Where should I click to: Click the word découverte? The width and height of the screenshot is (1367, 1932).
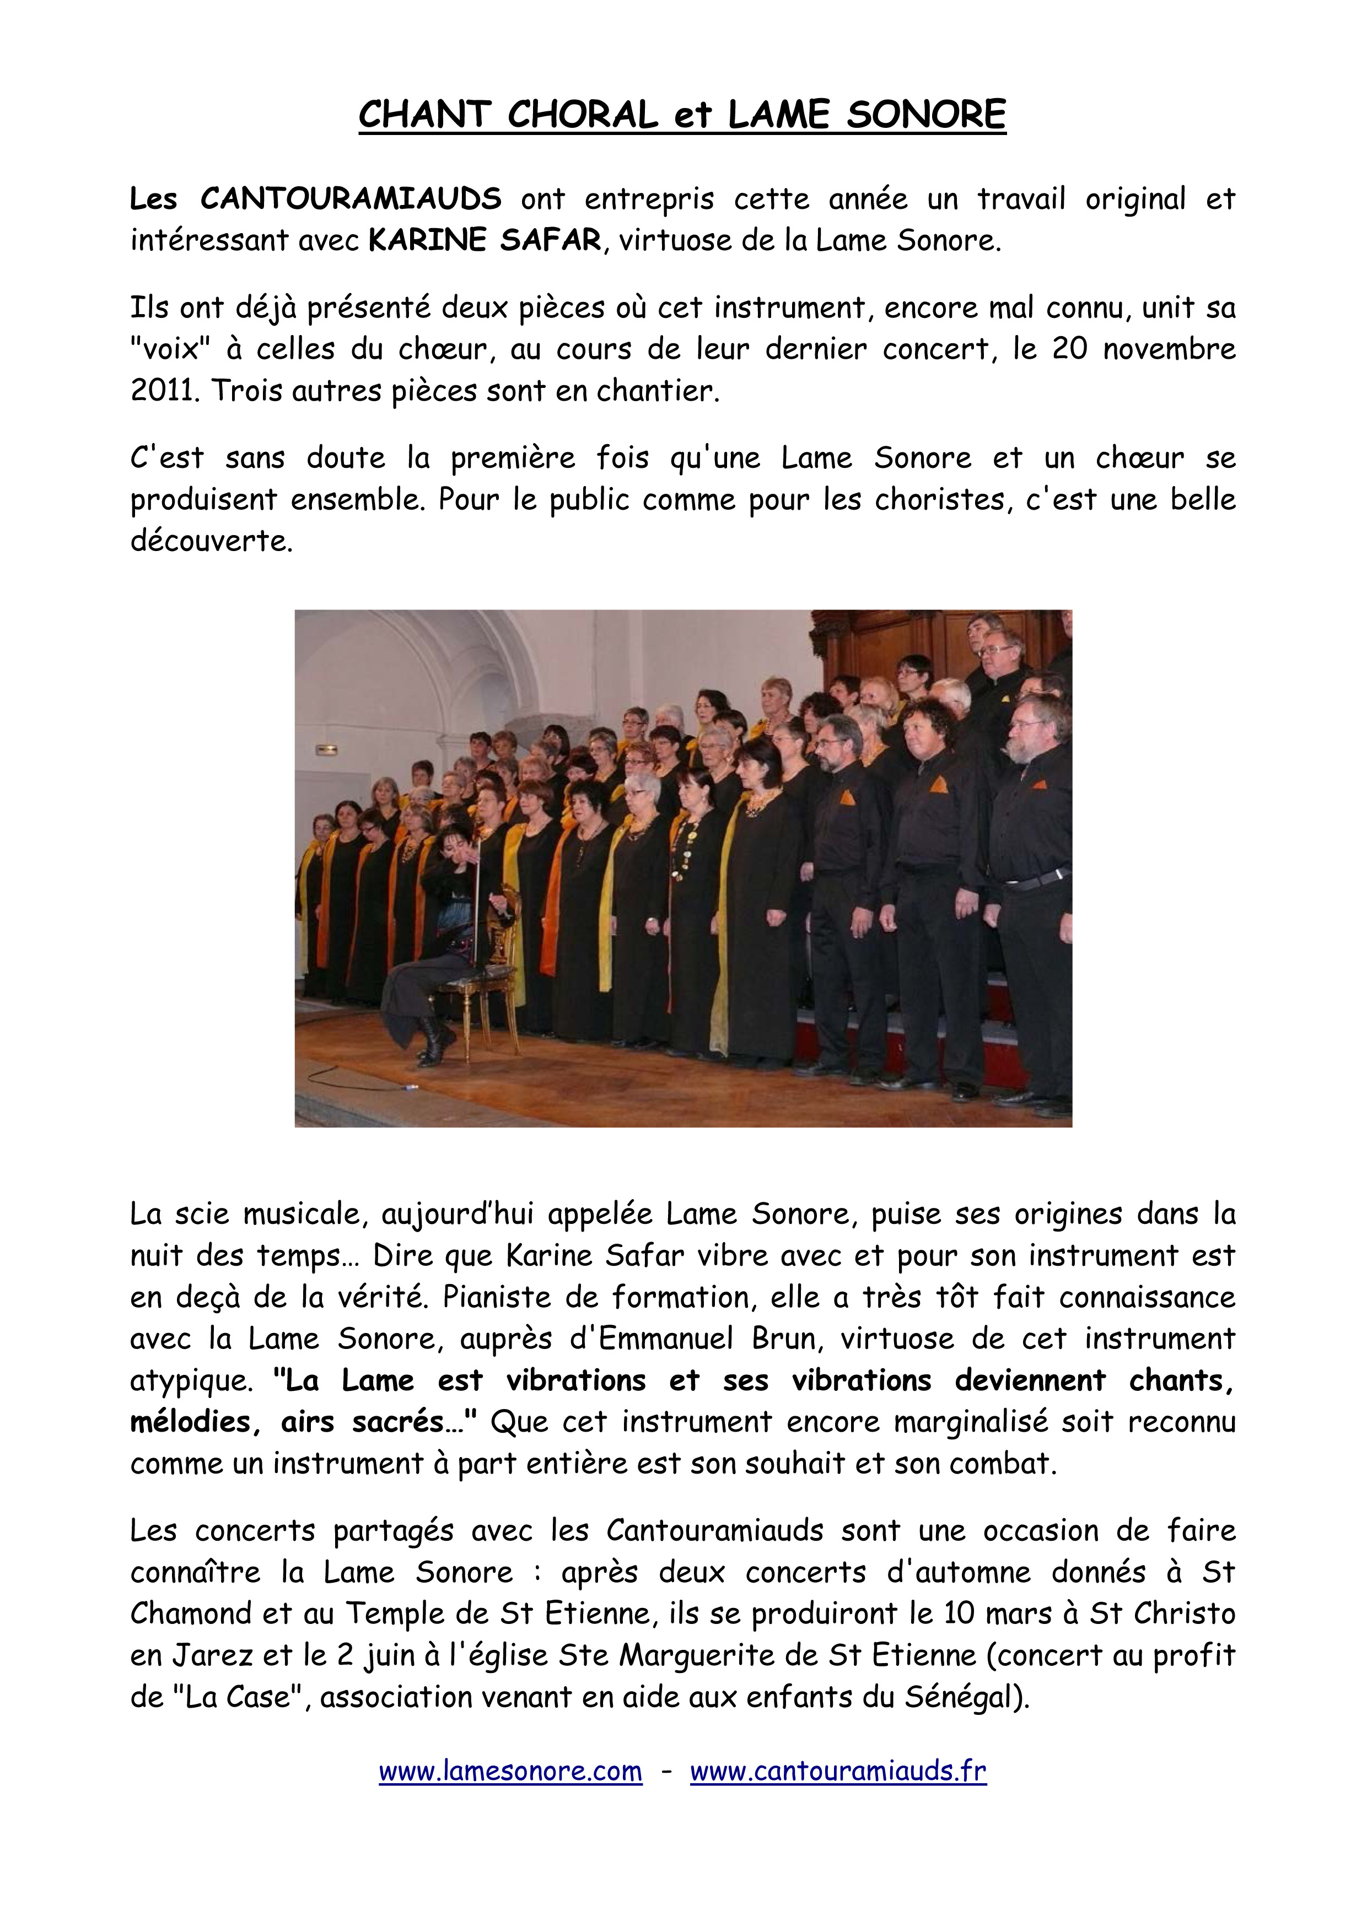[211, 541]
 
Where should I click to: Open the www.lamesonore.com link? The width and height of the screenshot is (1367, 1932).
[510, 1771]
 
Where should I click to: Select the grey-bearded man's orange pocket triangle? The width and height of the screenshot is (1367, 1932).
[1040, 784]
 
